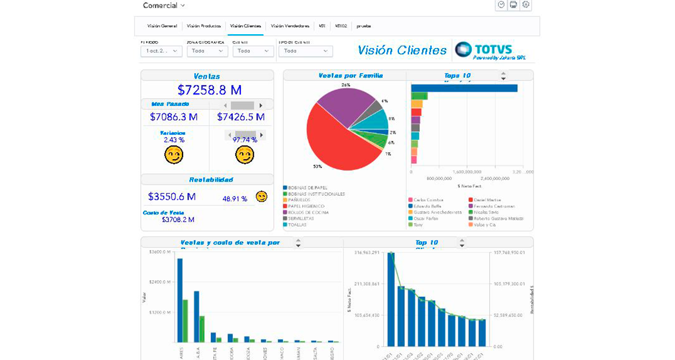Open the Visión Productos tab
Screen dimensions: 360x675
pyautogui.click(x=204, y=26)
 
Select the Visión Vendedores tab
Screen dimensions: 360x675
pyautogui.click(x=290, y=26)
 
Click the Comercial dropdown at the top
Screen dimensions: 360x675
pyautogui.click(x=164, y=5)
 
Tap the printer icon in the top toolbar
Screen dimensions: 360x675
pyautogui.click(x=513, y=5)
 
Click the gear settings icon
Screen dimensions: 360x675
pyautogui.click(x=526, y=5)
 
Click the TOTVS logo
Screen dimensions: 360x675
pyautogui.click(x=484, y=50)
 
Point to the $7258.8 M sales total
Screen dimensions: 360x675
pyautogui.click(x=210, y=90)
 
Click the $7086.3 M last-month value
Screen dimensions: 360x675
pyautogui.click(x=174, y=117)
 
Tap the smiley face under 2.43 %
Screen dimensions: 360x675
pyautogui.click(x=174, y=155)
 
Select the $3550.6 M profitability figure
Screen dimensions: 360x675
pyautogui.click(x=172, y=196)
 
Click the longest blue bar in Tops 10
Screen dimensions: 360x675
pyautogui.click(x=464, y=88)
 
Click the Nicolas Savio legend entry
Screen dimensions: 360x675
pyautogui.click(x=483, y=212)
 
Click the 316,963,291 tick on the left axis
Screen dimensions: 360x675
pyautogui.click(x=366, y=253)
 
